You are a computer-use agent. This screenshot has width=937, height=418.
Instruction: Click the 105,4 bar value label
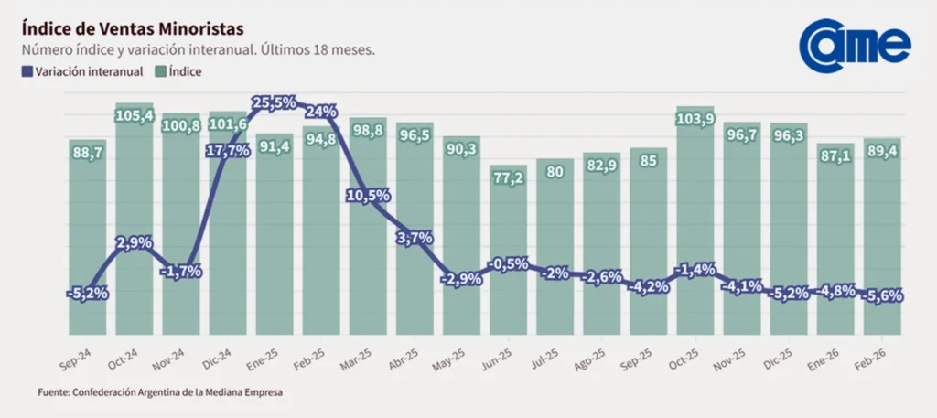135,114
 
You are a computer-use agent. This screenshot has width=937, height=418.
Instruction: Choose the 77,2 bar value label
508,177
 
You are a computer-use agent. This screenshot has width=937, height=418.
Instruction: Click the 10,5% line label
368,196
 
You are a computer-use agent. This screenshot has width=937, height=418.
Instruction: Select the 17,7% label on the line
228,151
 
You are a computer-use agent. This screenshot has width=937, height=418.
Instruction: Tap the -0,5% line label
508,263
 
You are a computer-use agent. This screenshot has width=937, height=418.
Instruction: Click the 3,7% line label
415,238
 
